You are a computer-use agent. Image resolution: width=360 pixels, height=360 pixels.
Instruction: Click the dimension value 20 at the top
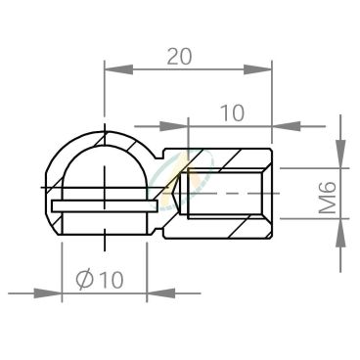(179, 56)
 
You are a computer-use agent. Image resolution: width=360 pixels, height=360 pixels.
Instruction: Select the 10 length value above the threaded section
(232, 112)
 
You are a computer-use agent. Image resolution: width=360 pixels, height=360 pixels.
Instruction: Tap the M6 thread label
(327, 198)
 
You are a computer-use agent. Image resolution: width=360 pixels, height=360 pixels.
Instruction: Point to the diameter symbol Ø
(85, 280)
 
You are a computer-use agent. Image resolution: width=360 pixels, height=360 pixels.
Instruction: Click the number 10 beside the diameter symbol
(112, 280)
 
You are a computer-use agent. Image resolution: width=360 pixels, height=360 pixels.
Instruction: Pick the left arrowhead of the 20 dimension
(118, 69)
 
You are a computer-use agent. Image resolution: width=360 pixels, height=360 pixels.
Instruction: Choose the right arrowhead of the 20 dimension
(257, 69)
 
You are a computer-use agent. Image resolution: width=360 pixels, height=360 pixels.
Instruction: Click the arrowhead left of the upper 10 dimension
(174, 126)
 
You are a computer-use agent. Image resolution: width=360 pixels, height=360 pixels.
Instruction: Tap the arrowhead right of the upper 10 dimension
(287, 126)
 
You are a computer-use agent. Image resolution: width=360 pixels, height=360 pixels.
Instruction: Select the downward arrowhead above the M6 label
(340, 154)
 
